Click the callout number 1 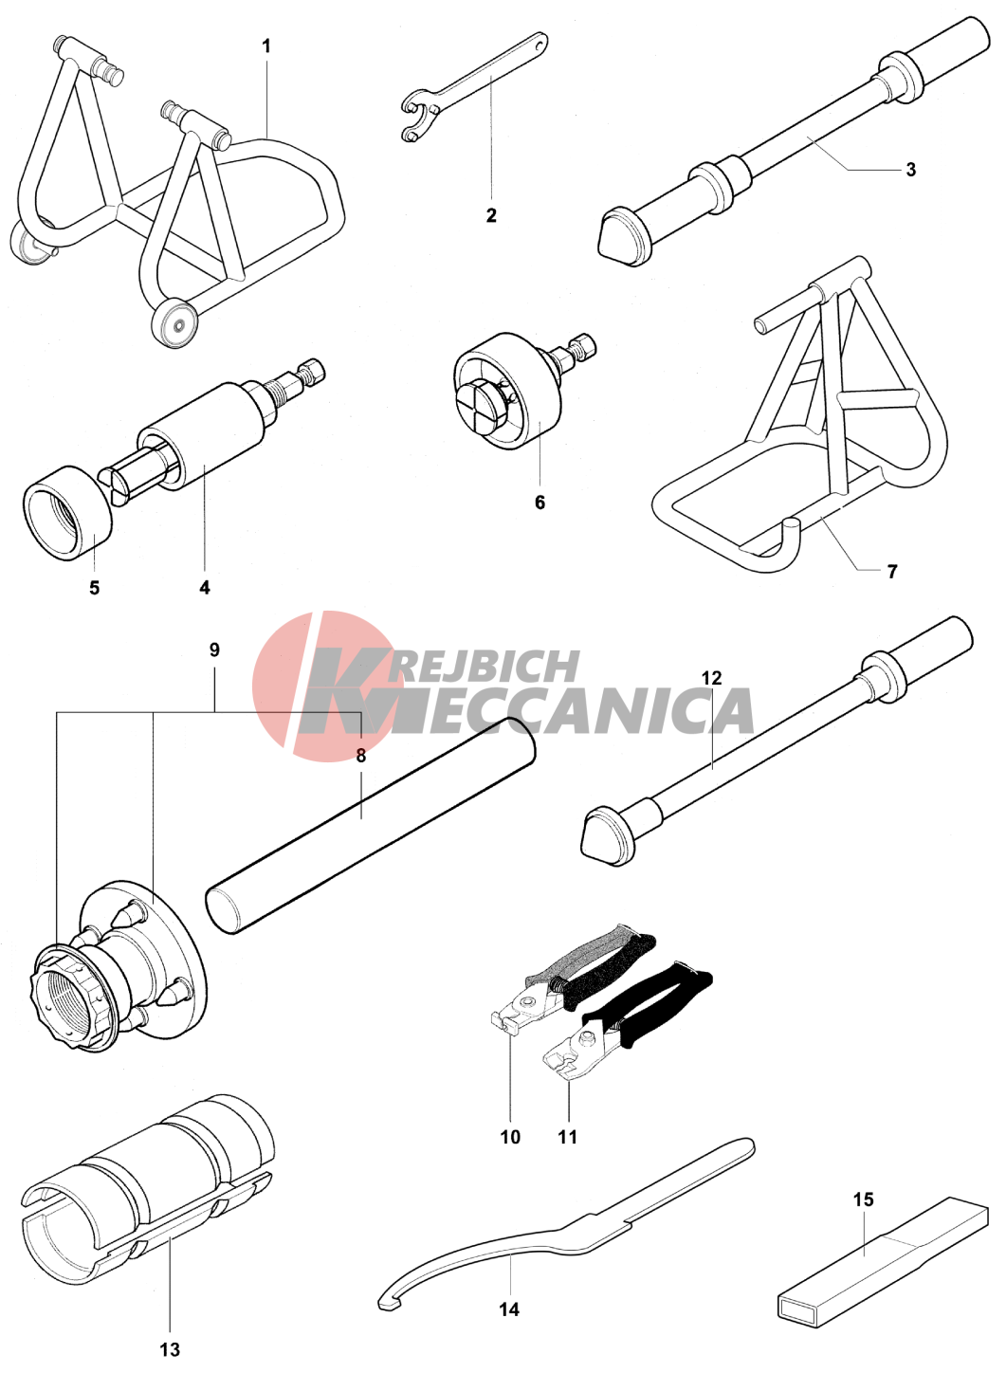pos(266,46)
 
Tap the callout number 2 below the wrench pos(491,215)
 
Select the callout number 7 pos(892,571)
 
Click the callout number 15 pos(863,1199)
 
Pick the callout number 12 pos(712,678)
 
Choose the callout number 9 pos(214,650)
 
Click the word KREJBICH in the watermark pos(466,667)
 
